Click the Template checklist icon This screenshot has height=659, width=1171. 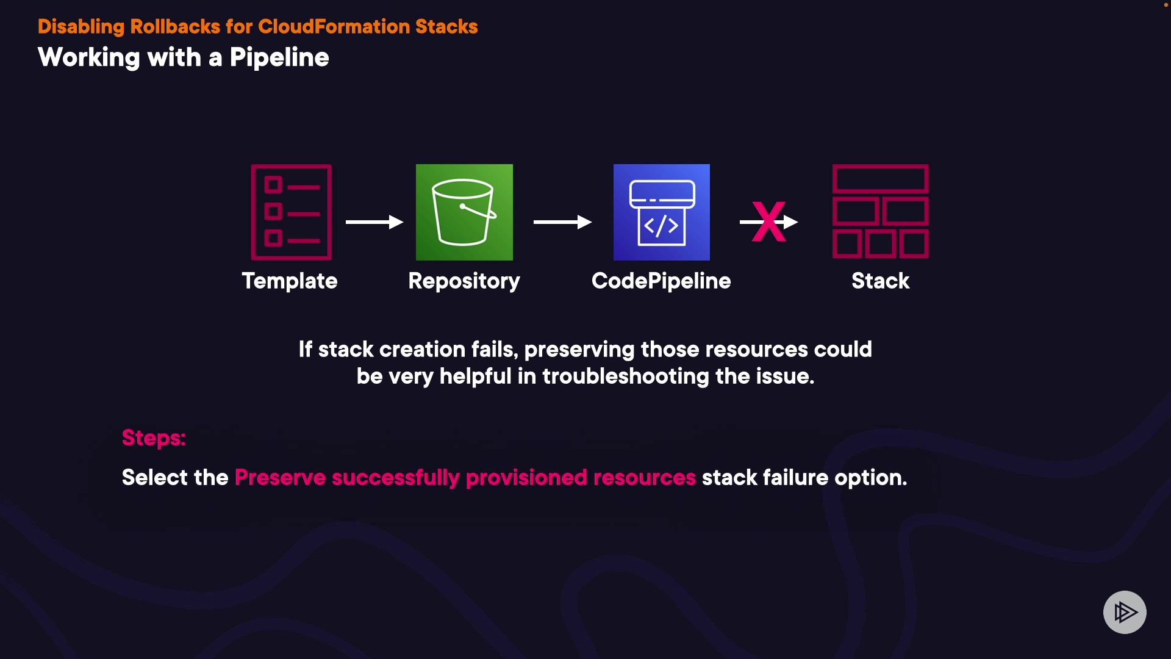pos(291,212)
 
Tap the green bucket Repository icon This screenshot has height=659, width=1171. pos(464,212)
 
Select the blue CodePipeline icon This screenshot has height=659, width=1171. pos(662,212)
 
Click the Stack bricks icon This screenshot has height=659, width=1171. pos(880,211)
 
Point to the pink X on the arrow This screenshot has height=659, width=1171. pos(768,222)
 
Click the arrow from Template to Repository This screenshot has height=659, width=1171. pos(374,222)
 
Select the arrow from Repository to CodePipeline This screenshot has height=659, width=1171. pos(562,222)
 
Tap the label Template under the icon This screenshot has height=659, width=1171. pos(290,281)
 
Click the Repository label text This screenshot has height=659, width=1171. pos(464,281)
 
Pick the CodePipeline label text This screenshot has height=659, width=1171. pos(661,281)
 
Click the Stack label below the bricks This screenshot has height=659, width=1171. pos(880,281)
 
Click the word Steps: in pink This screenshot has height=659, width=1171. pos(154,438)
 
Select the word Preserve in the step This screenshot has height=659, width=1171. pos(280,477)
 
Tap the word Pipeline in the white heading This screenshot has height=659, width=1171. pos(279,58)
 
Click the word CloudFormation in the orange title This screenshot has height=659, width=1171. pos(334,27)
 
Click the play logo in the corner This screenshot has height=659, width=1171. pos(1125,612)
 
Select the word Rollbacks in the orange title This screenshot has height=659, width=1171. pos(175,27)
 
